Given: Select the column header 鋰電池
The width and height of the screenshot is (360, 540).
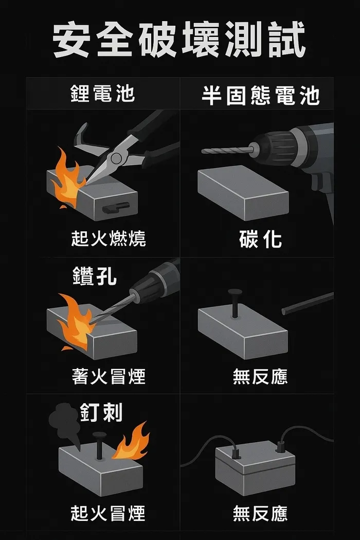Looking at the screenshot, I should pyautogui.click(x=102, y=94).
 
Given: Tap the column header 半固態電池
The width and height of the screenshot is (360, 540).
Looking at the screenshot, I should pyautogui.click(x=260, y=96).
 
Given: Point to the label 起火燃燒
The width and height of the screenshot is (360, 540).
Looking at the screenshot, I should pyautogui.click(x=108, y=239).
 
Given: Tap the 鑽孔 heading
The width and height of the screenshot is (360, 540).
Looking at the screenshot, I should pyautogui.click(x=95, y=277).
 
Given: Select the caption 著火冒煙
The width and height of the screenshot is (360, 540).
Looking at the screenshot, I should pyautogui.click(x=108, y=376).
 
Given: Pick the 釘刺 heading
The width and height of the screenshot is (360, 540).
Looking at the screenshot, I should pyautogui.click(x=101, y=413).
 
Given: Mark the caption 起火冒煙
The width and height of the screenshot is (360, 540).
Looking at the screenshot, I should pyautogui.click(x=108, y=513).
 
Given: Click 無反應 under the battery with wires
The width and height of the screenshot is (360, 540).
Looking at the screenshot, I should pyautogui.click(x=260, y=513).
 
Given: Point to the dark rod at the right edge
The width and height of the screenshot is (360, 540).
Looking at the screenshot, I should pyautogui.click(x=308, y=303).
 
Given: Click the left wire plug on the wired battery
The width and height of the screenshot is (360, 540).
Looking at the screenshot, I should pyautogui.click(x=237, y=453).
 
